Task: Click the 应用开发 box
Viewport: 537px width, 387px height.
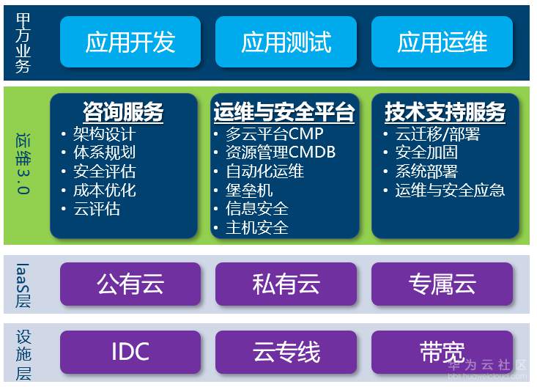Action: click(x=130, y=42)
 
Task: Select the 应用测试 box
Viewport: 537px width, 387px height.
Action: click(x=286, y=42)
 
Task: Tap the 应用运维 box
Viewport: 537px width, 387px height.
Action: click(x=442, y=42)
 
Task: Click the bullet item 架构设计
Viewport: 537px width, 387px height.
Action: click(x=104, y=134)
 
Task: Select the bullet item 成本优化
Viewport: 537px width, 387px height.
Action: click(x=104, y=191)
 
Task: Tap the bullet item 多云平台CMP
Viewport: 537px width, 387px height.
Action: click(x=274, y=134)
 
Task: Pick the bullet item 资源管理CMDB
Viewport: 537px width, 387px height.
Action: click(x=280, y=152)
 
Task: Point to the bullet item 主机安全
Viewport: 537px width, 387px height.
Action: click(x=256, y=228)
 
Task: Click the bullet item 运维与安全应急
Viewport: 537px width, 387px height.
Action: click(x=450, y=191)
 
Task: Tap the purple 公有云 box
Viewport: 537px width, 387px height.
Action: click(x=130, y=284)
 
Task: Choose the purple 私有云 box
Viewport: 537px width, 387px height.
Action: click(x=286, y=284)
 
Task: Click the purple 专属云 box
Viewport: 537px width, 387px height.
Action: click(x=442, y=284)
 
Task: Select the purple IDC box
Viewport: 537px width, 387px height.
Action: click(x=130, y=352)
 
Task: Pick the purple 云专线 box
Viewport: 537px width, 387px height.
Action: click(x=286, y=352)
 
